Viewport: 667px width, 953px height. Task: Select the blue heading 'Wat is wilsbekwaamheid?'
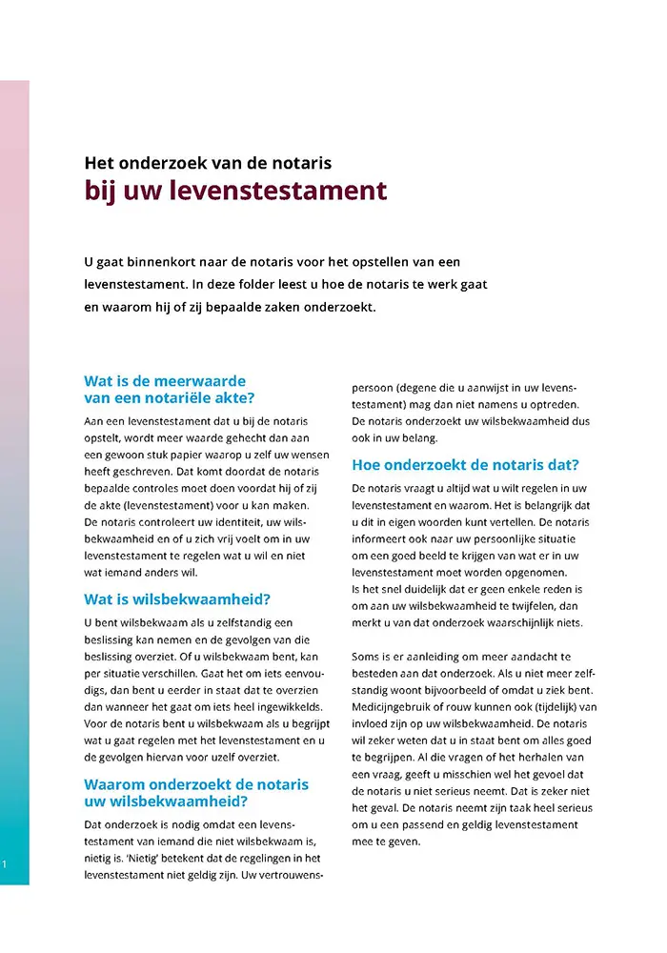tap(177, 599)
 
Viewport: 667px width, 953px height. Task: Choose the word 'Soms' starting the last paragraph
tap(366, 658)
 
